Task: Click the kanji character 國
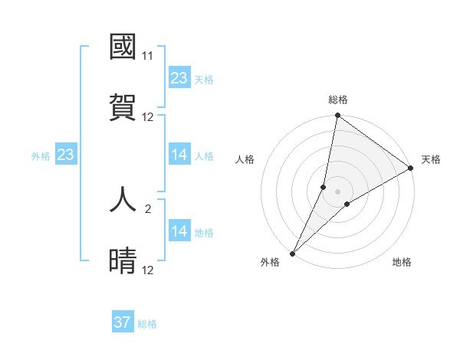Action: pos(123,47)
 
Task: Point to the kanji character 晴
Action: pos(123,261)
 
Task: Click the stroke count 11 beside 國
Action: pos(148,56)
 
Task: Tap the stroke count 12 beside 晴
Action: pos(148,270)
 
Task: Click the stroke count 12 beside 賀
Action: pos(148,116)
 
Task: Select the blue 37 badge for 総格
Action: pos(123,322)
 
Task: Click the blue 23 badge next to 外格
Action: pos(65,155)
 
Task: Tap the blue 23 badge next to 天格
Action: pos(179,78)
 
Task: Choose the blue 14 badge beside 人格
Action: pos(179,155)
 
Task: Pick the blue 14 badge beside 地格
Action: pos(179,232)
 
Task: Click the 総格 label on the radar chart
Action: pos(338,100)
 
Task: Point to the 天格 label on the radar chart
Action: pos(431,159)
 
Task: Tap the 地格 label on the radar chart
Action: pos(402,262)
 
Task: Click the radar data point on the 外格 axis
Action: pos(292,253)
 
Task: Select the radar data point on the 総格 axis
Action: pos(337,116)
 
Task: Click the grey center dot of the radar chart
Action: pos(337,191)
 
